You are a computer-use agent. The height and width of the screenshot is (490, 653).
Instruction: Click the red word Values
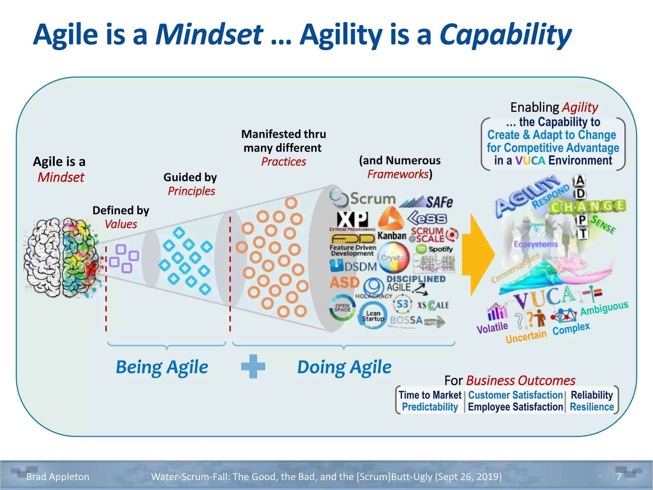(121, 224)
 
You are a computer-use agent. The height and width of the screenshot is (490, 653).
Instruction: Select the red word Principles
(191, 191)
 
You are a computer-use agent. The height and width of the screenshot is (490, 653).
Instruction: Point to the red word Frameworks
(398, 174)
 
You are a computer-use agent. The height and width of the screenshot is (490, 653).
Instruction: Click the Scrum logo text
(372, 199)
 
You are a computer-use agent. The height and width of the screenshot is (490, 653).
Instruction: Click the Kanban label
(392, 236)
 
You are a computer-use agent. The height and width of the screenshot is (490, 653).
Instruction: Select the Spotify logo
(435, 249)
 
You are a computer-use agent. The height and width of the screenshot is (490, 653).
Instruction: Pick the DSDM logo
(354, 266)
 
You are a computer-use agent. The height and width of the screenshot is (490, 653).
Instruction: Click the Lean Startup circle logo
(372, 316)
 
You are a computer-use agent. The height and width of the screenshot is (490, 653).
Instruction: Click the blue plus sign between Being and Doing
(253, 366)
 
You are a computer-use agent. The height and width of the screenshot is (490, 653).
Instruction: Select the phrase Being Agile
(162, 367)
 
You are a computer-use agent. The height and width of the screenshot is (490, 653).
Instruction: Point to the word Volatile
(492, 328)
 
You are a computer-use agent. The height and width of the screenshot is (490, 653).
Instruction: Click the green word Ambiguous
(604, 308)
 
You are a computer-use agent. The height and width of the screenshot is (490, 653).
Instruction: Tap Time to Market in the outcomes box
(430, 395)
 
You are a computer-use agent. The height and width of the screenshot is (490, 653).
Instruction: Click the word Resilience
(591, 407)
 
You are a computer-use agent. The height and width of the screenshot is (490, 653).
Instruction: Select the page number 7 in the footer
(619, 477)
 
